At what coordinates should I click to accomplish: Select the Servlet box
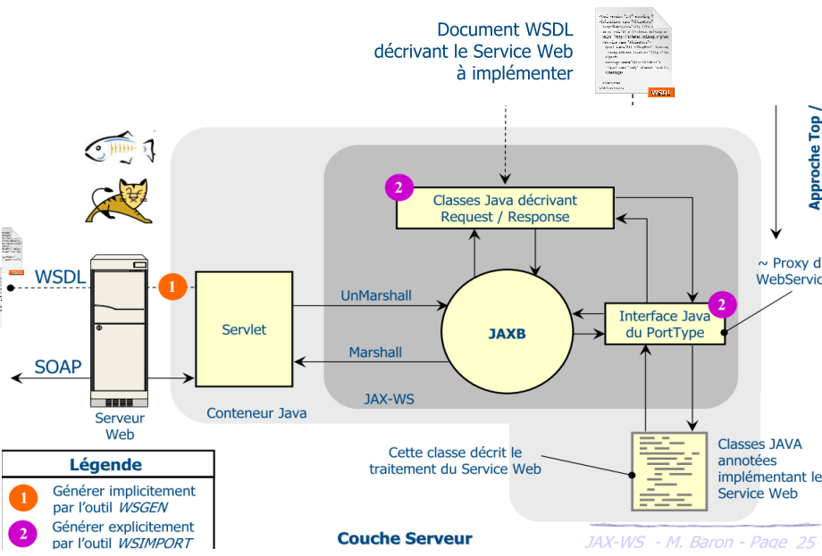tap(244, 329)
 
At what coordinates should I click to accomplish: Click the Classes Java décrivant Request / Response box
tap(505, 208)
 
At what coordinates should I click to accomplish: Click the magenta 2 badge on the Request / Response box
tap(398, 187)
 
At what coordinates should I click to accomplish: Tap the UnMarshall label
tap(376, 295)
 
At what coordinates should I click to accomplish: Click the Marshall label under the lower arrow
tap(375, 353)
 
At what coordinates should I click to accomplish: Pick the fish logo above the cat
tap(120, 147)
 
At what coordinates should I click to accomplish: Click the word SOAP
tap(58, 366)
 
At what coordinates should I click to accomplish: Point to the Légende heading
tap(105, 464)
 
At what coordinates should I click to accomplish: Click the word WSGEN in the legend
tap(143, 507)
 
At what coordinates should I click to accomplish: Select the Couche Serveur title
tap(404, 538)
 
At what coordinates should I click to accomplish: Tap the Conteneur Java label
tap(256, 413)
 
